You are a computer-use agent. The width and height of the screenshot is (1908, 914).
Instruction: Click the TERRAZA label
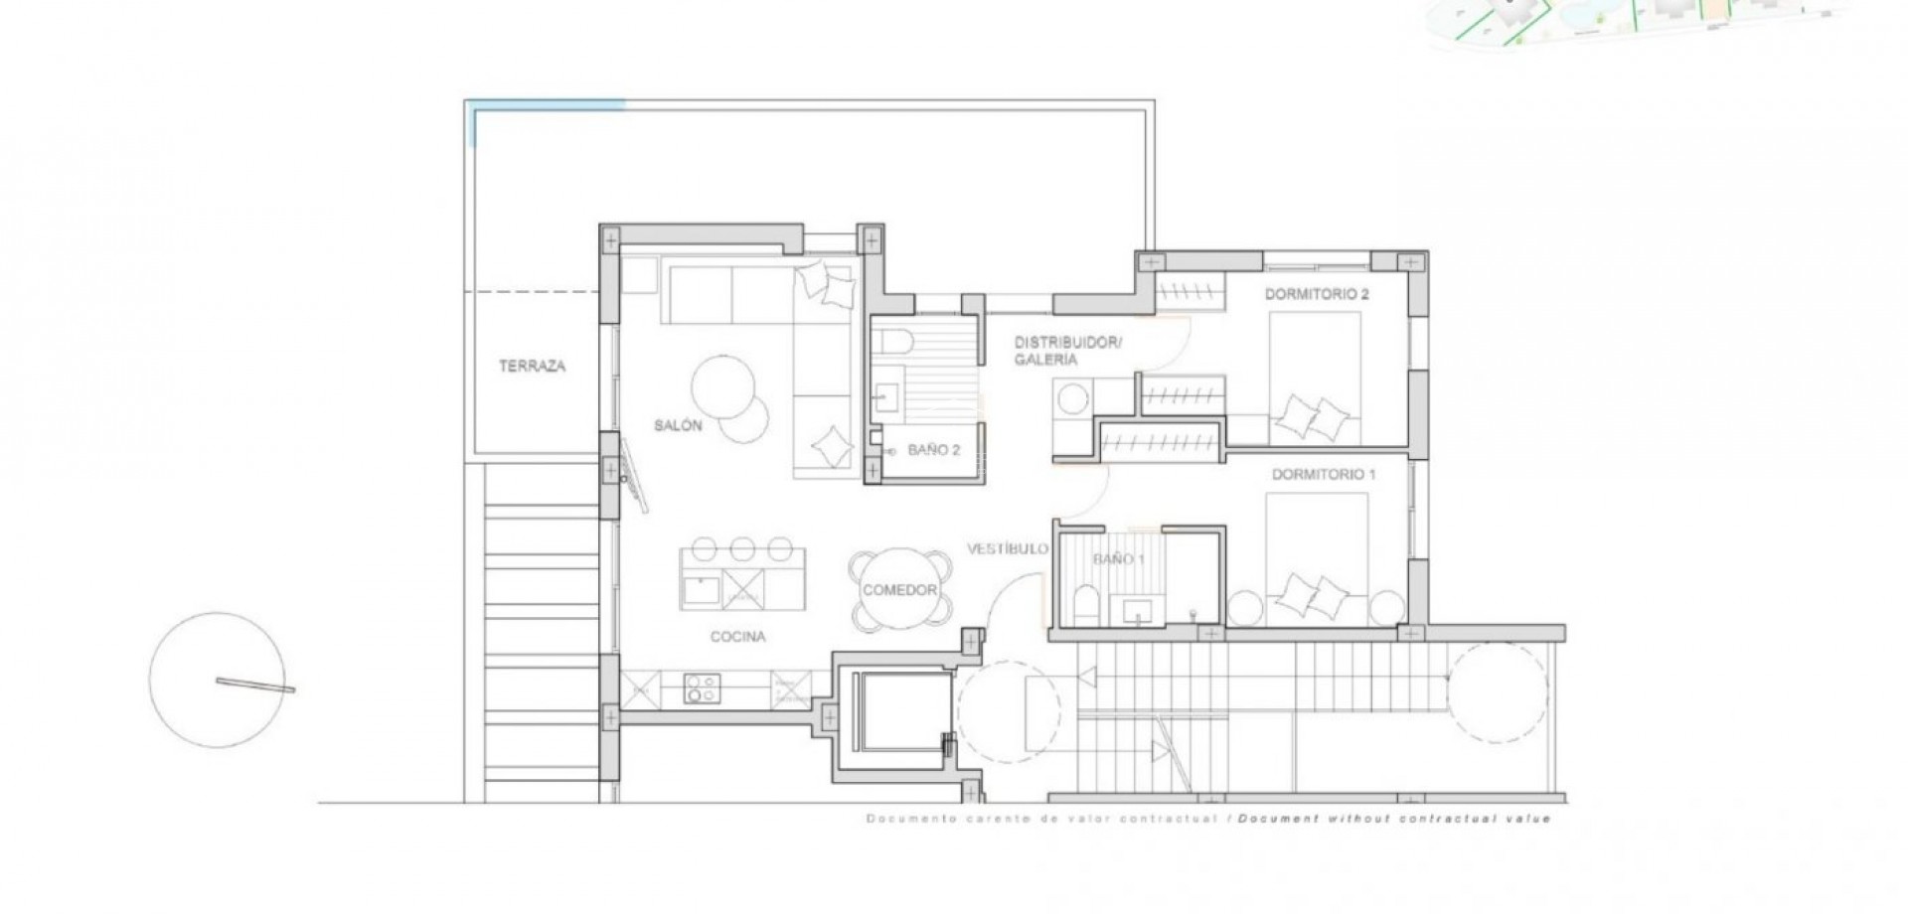coord(532,367)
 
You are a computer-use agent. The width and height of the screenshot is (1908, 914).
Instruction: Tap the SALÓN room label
coord(678,425)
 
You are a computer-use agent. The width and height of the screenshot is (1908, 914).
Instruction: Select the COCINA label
coord(737,637)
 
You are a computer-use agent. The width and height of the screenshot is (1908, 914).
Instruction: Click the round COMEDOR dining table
coord(900,590)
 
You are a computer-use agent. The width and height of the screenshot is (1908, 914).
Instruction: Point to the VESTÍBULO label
coord(1008,548)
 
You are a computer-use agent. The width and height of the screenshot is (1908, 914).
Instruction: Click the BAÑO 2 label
coord(933,450)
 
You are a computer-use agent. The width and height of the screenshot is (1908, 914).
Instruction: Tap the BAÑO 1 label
coord(1119,559)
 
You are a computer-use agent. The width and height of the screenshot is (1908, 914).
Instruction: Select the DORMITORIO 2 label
coord(1317,294)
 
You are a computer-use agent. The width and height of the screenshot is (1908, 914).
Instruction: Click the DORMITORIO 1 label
coord(1324,475)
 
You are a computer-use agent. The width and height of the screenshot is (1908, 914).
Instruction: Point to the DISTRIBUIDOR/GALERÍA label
coord(1066,351)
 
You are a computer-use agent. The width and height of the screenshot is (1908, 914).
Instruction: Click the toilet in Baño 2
coord(894,341)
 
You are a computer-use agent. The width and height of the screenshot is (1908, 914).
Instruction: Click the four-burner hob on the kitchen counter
coord(702,687)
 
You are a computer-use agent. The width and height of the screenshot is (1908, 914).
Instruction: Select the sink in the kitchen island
coord(702,590)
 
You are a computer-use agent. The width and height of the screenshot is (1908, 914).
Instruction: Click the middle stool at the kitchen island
coord(741,549)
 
